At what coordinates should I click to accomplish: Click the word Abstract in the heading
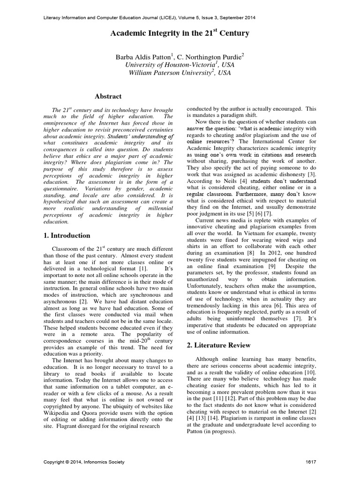click(x=108, y=96)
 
